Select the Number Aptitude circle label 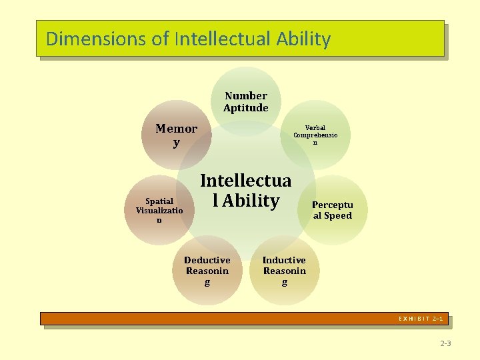click(x=246, y=102)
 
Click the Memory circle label click(x=177, y=135)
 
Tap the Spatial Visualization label click(x=159, y=210)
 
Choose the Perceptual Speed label click(x=333, y=210)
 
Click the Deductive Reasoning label click(x=207, y=271)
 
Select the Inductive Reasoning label click(x=284, y=271)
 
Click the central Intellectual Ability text click(x=245, y=191)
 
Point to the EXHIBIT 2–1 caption click(x=421, y=319)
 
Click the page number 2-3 click(x=445, y=343)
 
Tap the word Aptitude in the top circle click(x=246, y=108)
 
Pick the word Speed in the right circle click(x=338, y=215)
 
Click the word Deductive click(x=207, y=260)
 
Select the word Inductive click(x=284, y=260)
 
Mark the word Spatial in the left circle click(x=159, y=201)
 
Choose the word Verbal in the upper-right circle click(x=315, y=127)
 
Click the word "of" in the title click(x=161, y=39)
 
